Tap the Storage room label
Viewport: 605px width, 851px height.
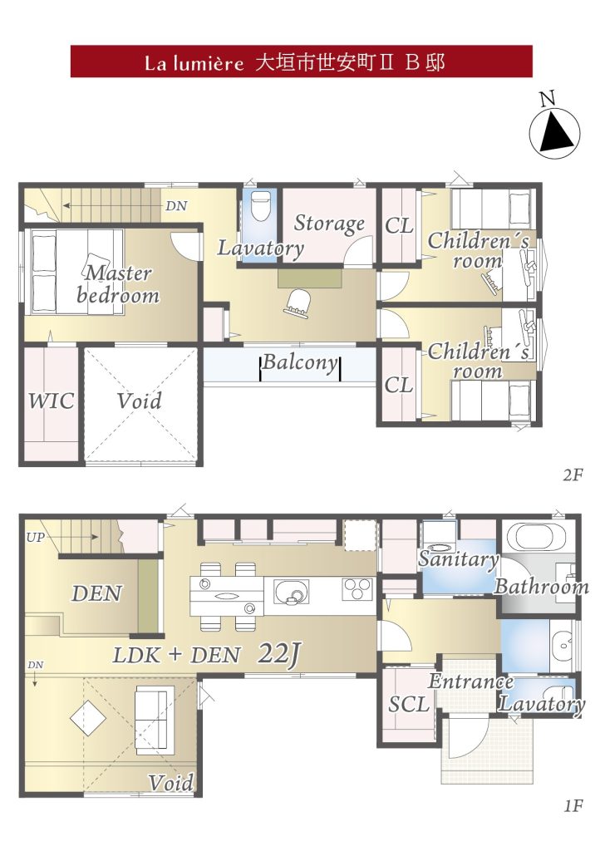point(329,223)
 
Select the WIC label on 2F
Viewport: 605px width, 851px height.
point(51,401)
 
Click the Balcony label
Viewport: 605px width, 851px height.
point(300,362)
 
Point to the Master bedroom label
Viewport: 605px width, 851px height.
point(118,284)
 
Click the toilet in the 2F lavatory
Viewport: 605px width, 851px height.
point(261,204)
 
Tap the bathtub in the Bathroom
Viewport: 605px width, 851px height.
point(534,536)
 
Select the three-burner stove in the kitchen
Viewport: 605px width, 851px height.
point(357,589)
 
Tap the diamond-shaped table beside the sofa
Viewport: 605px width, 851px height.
point(88,717)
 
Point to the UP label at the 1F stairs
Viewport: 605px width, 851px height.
point(35,538)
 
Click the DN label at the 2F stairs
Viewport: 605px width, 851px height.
point(176,206)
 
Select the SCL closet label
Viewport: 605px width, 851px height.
point(409,705)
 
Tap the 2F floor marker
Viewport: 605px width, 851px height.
point(573,475)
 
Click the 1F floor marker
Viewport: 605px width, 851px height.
point(573,806)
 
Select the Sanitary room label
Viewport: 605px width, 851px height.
point(459,559)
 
